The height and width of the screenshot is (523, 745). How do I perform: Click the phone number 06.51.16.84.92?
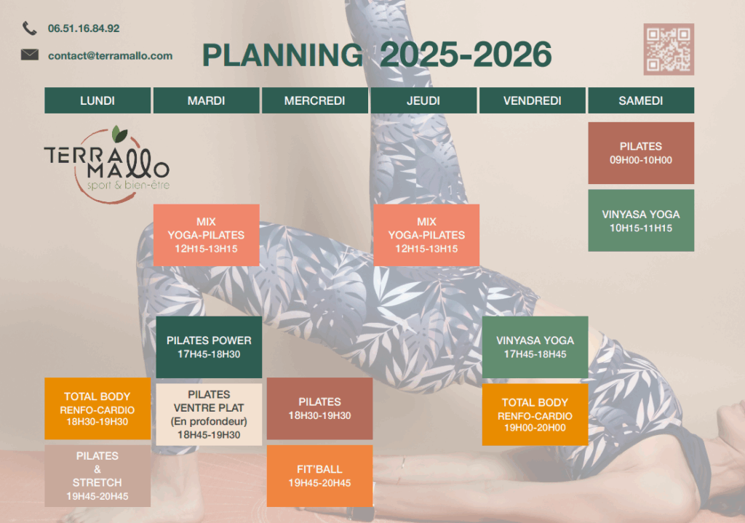pos(84,28)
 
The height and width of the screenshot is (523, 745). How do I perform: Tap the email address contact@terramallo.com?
pos(111,55)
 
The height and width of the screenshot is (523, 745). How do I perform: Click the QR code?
pos(669,49)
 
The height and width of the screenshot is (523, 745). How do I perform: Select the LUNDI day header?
pos(97,100)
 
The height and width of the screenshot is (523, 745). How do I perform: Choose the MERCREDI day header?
pos(314,100)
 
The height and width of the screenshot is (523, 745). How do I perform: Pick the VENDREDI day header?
pos(532,100)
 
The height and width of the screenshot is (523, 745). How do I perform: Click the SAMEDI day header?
pos(641,100)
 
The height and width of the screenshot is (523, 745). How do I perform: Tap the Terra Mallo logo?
pos(108,164)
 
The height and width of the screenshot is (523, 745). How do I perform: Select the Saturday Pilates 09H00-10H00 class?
pos(641,153)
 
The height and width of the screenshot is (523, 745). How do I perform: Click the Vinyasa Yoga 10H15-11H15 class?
pos(641,220)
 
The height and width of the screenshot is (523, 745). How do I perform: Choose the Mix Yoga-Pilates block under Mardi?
pos(206,235)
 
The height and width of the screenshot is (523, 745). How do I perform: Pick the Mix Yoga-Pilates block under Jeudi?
pos(426,235)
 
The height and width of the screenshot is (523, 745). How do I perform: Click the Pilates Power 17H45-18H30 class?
pos(209,347)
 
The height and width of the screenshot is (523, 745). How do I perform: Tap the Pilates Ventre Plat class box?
pos(209,414)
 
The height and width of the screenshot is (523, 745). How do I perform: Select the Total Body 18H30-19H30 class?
pos(97,409)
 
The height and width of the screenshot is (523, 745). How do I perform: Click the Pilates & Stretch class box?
pos(97,476)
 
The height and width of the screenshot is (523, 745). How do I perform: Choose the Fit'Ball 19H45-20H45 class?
pos(320,476)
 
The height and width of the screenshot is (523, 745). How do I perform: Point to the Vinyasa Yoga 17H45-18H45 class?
pos(535,347)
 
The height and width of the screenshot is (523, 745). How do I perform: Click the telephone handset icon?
pos(29,28)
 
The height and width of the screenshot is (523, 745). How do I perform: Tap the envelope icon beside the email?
pos(29,55)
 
